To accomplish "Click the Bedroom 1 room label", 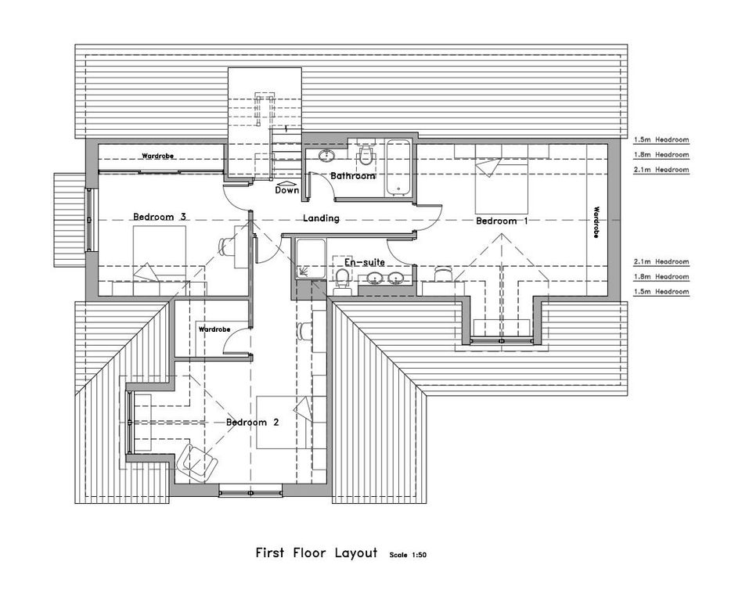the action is click(502, 221).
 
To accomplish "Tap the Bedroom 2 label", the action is click(252, 422).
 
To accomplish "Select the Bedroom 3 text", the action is click(159, 218).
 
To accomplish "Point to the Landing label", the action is click(322, 218).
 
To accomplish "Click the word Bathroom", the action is click(352, 176).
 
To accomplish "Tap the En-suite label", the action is click(364, 262).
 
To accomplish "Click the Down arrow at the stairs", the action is click(286, 182).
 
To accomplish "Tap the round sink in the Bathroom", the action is click(326, 155).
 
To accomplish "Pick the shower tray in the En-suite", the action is click(311, 259).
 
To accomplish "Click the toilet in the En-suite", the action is click(342, 280).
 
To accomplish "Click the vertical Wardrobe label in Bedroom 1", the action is click(596, 222).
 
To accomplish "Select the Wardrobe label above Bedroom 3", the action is click(158, 156).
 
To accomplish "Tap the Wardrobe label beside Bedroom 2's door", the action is click(214, 329).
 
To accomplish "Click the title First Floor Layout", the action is click(316, 552).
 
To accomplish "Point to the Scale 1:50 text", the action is click(408, 555).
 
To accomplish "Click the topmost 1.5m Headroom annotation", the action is click(661, 140).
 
